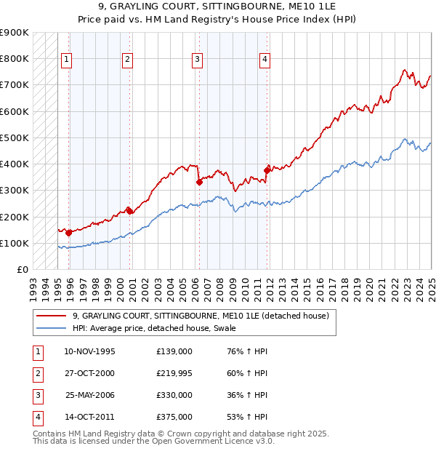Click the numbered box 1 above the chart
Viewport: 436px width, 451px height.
pos(67,60)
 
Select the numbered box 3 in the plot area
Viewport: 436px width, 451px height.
pos(198,60)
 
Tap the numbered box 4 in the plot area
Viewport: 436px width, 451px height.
pos(265,60)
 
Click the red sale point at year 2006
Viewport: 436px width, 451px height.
pos(199,183)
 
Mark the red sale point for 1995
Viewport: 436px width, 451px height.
pos(68,233)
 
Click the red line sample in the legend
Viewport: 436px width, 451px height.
pos(52,316)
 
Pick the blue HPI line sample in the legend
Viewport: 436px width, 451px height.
pos(52,328)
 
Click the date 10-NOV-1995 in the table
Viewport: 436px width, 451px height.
pos(89,351)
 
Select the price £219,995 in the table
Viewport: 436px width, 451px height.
pos(174,373)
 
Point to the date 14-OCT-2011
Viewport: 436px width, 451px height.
pos(89,417)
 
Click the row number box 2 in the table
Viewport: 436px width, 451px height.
pos(37,373)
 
